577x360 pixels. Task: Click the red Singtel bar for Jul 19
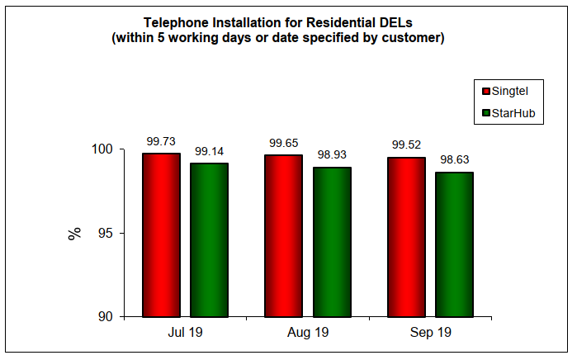point(161,235)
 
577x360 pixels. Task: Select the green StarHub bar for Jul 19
point(209,240)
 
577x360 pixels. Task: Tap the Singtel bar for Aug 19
point(283,236)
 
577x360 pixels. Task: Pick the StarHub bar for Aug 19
point(332,242)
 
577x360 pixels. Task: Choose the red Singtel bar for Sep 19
point(406,237)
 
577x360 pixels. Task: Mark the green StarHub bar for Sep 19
point(454,244)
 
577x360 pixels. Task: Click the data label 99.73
point(161,141)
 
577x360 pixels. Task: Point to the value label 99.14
point(209,151)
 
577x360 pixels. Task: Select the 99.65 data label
point(283,143)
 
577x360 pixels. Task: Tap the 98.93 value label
point(332,155)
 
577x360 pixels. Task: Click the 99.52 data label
point(406,144)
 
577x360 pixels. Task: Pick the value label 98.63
point(454,160)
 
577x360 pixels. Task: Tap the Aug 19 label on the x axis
point(307,334)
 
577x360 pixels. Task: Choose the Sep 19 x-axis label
point(430,334)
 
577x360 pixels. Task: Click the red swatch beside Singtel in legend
point(486,91)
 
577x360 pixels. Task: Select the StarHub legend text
point(518,113)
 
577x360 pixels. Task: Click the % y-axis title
point(75,233)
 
